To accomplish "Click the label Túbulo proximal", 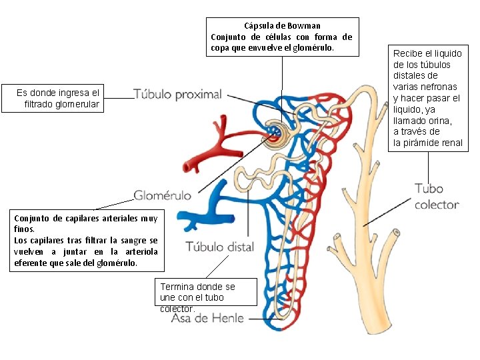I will pyautogui.click(x=177, y=95).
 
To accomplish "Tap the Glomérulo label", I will pyautogui.click(x=163, y=195).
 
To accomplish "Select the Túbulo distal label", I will pyautogui.click(x=219, y=247).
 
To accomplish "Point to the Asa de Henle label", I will pyautogui.click(x=207, y=318).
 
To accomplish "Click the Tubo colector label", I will pyautogui.click(x=437, y=197).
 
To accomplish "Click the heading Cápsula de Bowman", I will pyautogui.click(x=282, y=25).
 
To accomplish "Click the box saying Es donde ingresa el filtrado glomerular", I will pyautogui.click(x=58, y=99).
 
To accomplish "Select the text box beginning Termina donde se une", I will pyautogui.click(x=197, y=297).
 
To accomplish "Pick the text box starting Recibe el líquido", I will pyautogui.click(x=427, y=98).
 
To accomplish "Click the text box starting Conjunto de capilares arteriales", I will pyautogui.click(x=86, y=240).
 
